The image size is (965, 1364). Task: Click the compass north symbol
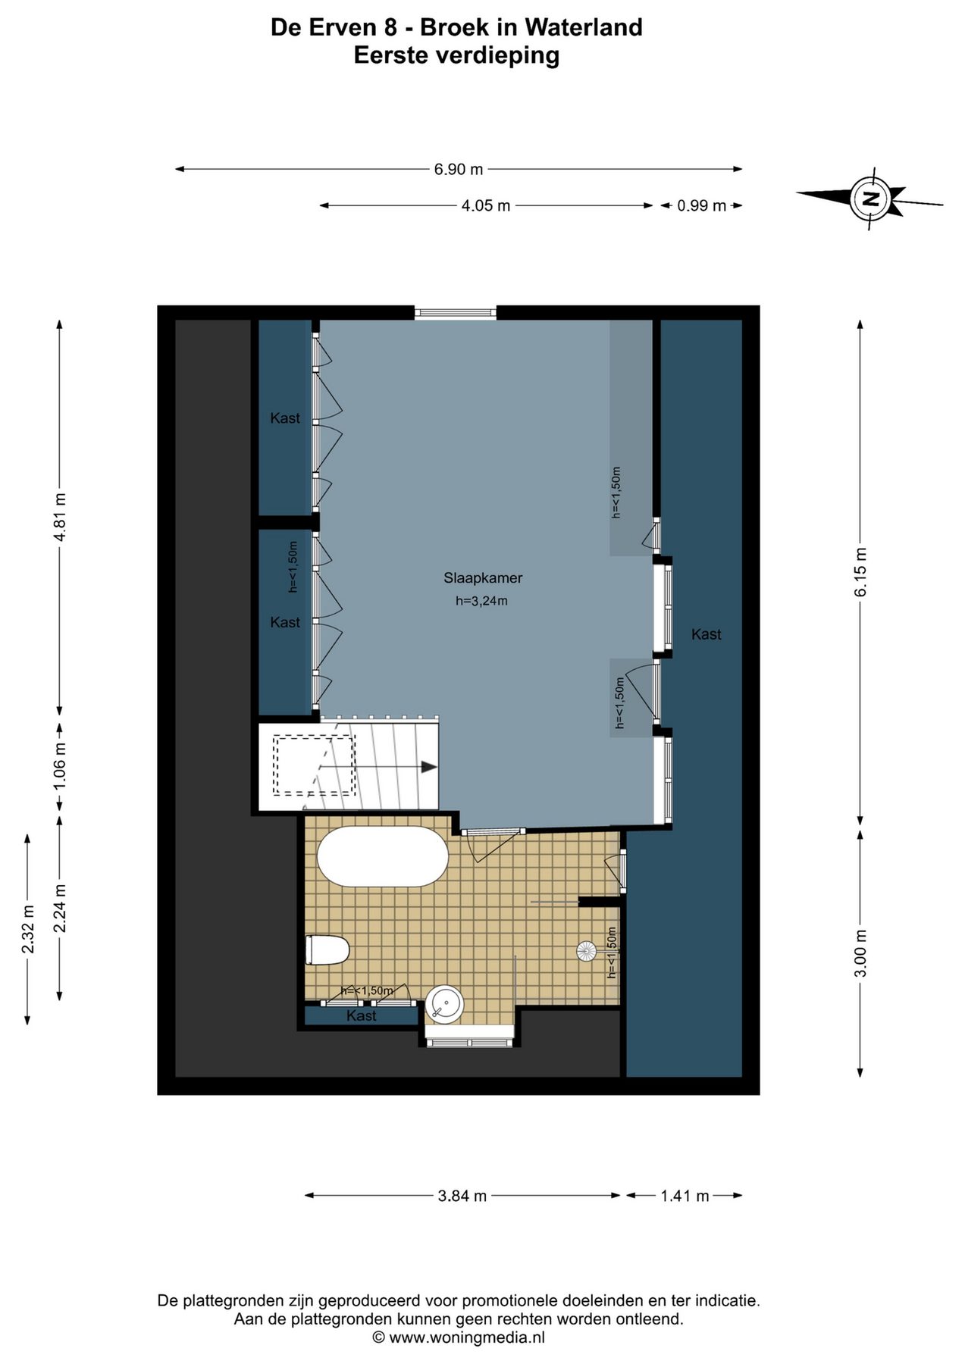tap(870, 199)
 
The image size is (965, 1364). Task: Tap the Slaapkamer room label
tap(483, 578)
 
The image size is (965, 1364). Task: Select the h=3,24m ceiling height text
tap(481, 602)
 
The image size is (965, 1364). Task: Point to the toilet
tap(327, 949)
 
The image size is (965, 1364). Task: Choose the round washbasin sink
tap(444, 1005)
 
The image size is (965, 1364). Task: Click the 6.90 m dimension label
tap(459, 170)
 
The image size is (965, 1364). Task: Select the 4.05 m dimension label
tap(486, 205)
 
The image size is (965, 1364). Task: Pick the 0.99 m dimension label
tap(701, 205)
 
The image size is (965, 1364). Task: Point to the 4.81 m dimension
tap(61, 517)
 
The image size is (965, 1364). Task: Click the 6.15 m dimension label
tap(860, 572)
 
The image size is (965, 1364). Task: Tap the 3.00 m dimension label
tap(860, 953)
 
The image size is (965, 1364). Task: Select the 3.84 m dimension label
tap(462, 1196)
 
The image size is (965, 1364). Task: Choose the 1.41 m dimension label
tap(685, 1196)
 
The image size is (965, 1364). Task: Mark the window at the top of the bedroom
tap(456, 312)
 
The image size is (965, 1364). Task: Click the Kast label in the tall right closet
tap(707, 634)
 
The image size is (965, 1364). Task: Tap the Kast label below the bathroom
tap(362, 1015)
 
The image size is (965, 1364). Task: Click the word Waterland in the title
tap(584, 27)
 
